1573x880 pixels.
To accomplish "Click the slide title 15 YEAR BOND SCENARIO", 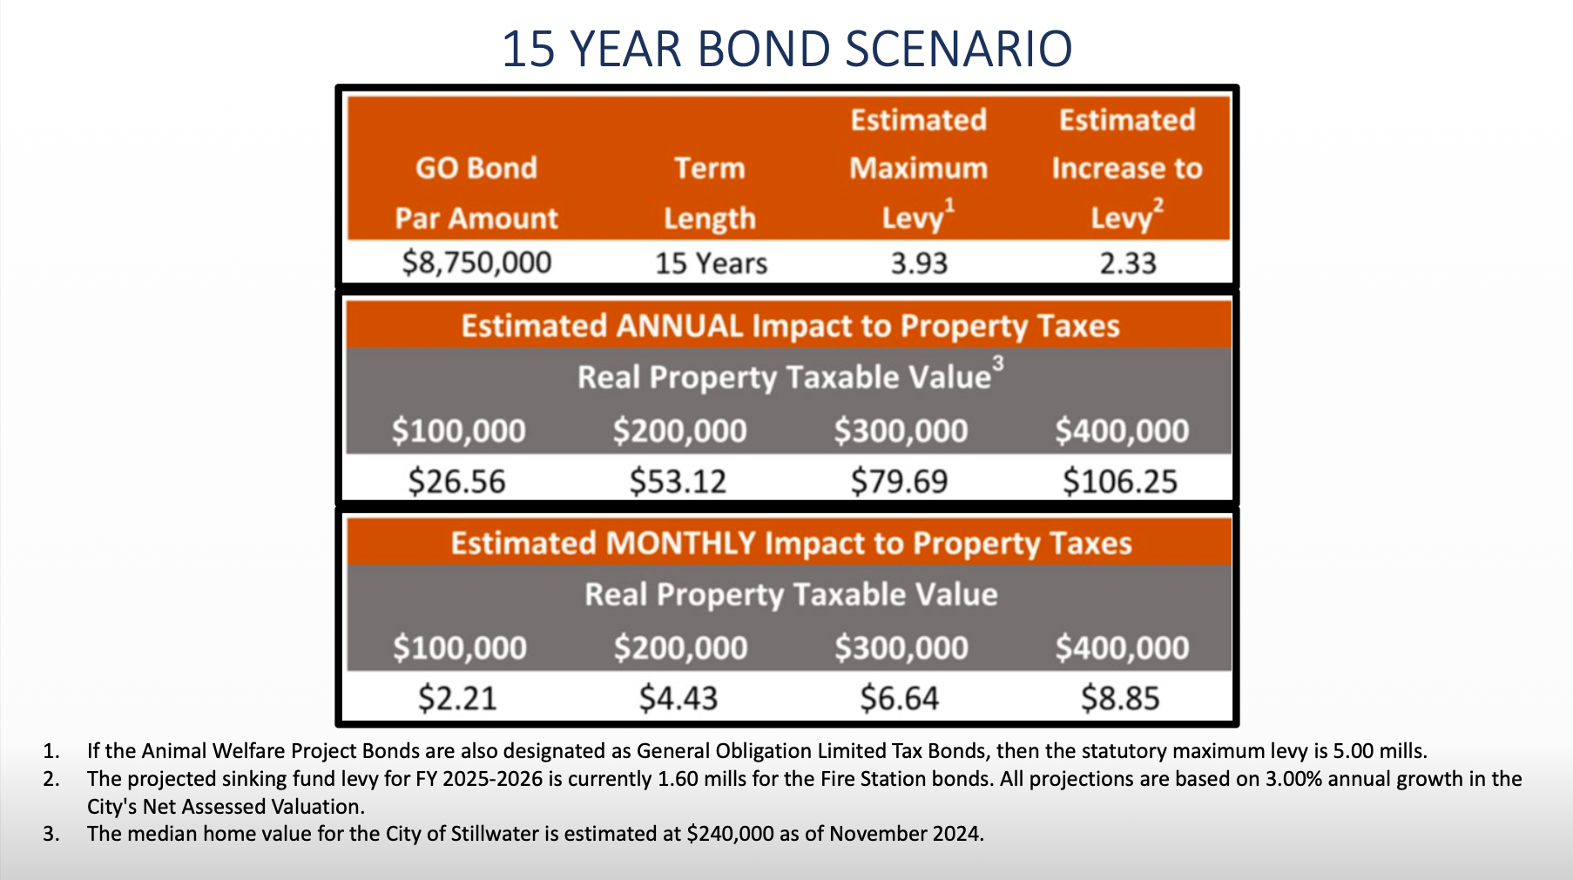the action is pyautogui.click(x=786, y=49).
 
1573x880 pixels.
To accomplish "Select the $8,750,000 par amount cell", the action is pyautogui.click(x=476, y=262).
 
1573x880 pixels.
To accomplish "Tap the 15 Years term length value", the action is pyautogui.click(x=711, y=263).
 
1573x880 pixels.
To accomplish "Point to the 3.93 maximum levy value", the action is pyautogui.click(x=919, y=263).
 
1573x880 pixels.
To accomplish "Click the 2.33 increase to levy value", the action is pyautogui.click(x=1128, y=263).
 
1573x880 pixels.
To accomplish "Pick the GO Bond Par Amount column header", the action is pyautogui.click(x=476, y=193).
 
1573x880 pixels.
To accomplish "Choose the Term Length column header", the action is pyautogui.click(x=710, y=193).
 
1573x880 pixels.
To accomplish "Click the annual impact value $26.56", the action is pyautogui.click(x=457, y=481).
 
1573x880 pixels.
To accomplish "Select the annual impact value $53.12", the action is pyautogui.click(x=678, y=481).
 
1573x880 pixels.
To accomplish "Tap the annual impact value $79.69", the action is pyautogui.click(x=900, y=481).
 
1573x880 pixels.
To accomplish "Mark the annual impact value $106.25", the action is pyautogui.click(x=1120, y=481).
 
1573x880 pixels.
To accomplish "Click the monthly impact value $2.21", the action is pyautogui.click(x=457, y=698).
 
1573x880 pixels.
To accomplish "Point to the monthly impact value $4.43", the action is pyautogui.click(x=678, y=698).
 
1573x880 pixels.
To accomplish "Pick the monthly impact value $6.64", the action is pyautogui.click(x=900, y=698).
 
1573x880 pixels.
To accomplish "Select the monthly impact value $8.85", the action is pyautogui.click(x=1120, y=698).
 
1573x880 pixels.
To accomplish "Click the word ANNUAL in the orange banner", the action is pyautogui.click(x=679, y=326).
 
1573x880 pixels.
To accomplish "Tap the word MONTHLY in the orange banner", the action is pyautogui.click(x=681, y=543).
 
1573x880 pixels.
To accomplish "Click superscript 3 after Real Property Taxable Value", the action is pyautogui.click(x=998, y=363).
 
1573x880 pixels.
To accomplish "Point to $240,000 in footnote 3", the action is pyautogui.click(x=730, y=834).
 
